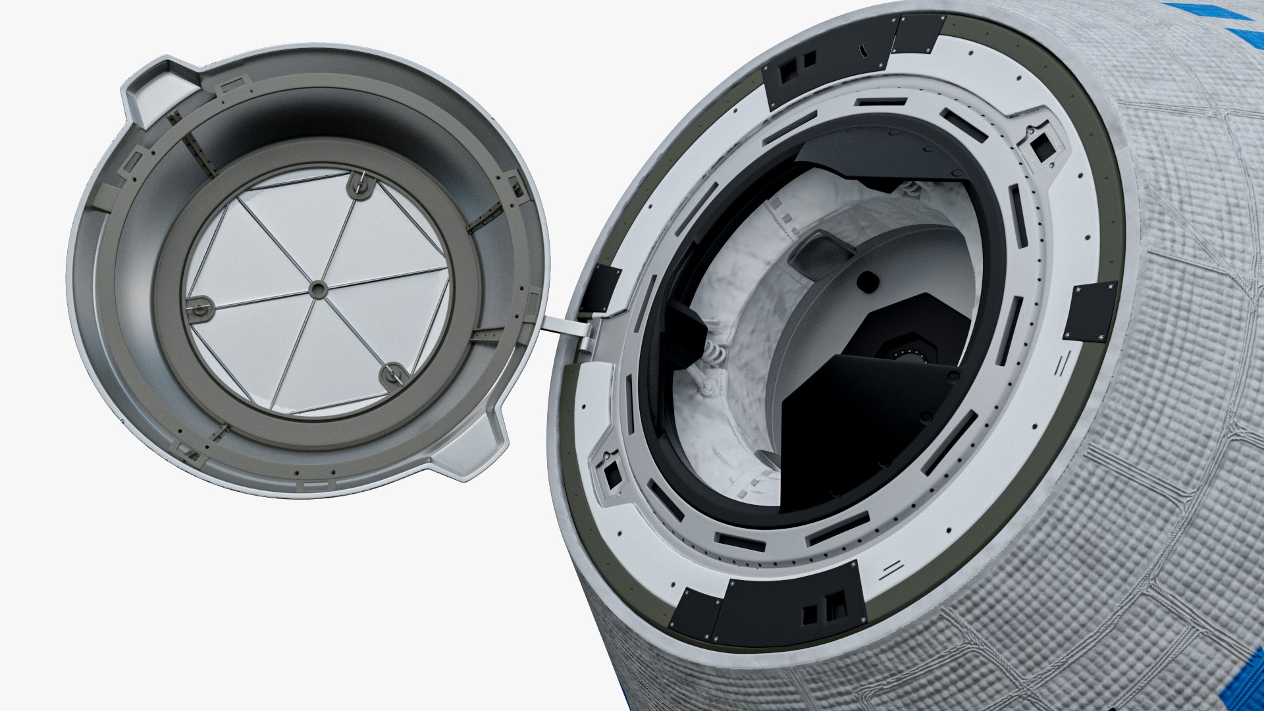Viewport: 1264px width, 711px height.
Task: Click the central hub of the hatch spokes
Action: pyautogui.click(x=318, y=289)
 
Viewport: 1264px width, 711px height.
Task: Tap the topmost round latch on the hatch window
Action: pyautogui.click(x=359, y=185)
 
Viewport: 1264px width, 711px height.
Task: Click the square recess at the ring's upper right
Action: pyautogui.click(x=1041, y=147)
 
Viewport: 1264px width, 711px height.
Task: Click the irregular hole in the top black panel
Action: pyautogui.click(x=862, y=50)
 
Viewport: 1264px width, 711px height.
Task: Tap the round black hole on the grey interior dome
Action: pyautogui.click(x=868, y=282)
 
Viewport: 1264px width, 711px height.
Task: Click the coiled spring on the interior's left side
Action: pyautogui.click(x=715, y=353)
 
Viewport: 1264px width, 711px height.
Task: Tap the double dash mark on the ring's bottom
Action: pyautogui.click(x=890, y=568)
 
